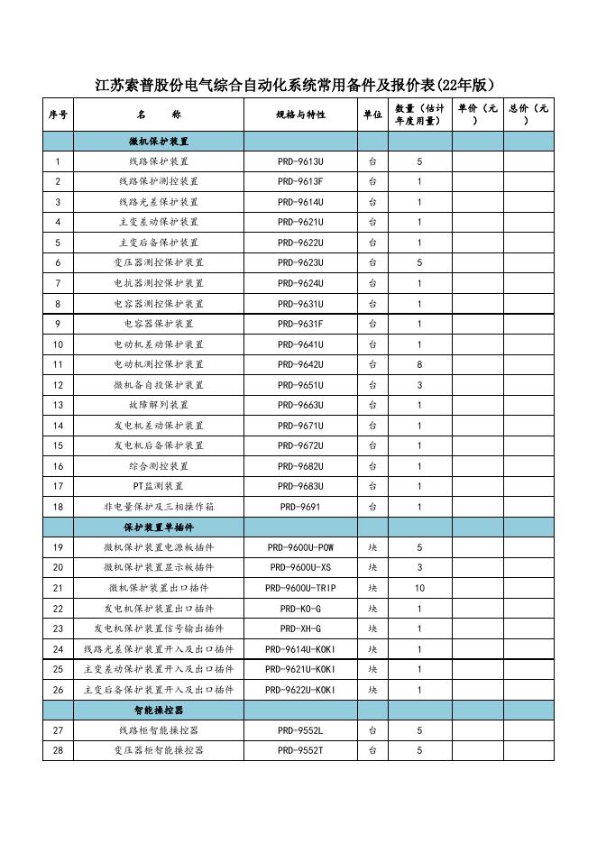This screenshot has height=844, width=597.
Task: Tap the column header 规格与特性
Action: click(x=300, y=115)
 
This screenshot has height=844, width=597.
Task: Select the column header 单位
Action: click(x=372, y=115)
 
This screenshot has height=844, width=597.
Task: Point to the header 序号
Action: click(x=58, y=115)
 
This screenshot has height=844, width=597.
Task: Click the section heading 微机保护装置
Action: click(x=158, y=142)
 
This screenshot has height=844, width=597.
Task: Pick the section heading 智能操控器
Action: click(x=158, y=711)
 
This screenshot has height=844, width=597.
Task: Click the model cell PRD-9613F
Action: click(x=300, y=181)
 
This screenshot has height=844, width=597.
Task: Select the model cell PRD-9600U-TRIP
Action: click(x=300, y=588)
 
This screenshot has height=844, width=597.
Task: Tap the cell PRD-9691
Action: click(x=300, y=507)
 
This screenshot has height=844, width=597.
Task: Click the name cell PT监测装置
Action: click(x=158, y=486)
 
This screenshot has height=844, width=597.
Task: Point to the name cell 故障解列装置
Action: click(x=158, y=405)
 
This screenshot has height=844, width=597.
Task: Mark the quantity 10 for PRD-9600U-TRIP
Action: click(x=419, y=588)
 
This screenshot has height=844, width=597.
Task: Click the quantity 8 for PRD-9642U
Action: click(x=419, y=364)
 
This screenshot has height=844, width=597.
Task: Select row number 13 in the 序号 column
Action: click(x=58, y=405)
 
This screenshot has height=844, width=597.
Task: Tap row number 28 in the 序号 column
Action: click(x=58, y=750)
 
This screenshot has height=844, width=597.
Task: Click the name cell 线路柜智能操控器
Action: click(x=158, y=730)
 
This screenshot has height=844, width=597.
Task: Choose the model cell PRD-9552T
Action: click(x=300, y=750)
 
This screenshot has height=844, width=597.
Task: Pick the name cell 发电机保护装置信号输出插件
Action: click(x=158, y=628)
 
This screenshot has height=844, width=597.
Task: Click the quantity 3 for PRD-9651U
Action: click(x=419, y=385)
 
